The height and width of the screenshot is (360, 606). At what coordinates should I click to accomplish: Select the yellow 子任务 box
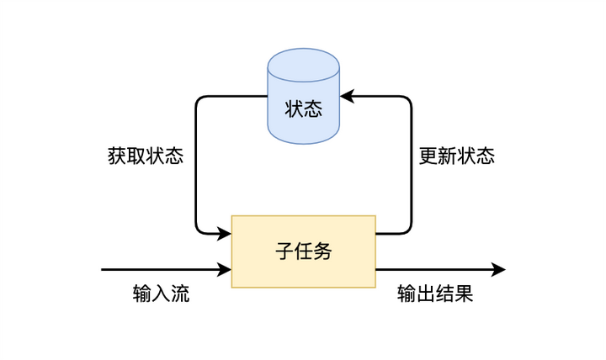pos(303,251)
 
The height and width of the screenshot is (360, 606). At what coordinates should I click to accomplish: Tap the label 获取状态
pos(146,156)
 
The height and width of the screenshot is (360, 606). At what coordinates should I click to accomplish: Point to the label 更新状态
pos(456,156)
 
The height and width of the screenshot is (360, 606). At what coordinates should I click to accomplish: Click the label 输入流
pos(161,294)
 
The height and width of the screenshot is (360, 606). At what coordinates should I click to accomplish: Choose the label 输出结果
pos(435,294)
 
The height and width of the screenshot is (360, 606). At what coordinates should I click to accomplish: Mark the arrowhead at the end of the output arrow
pos(498,270)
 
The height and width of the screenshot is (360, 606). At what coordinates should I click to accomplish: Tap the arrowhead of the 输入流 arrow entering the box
pos(225,270)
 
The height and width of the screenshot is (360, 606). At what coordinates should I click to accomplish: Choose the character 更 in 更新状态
pos(428,156)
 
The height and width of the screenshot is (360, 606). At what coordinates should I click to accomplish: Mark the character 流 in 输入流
pos(180,294)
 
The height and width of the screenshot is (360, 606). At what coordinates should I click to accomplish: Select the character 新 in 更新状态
pos(447,156)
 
